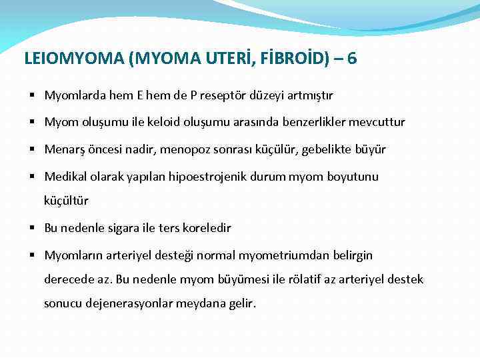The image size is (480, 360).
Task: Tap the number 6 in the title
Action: (352, 59)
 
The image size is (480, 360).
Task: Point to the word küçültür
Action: (66, 200)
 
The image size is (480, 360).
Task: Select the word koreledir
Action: (203, 228)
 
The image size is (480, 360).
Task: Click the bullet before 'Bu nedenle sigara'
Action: (33, 228)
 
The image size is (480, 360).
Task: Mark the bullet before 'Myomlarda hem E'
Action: (33, 96)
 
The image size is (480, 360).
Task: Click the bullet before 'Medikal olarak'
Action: (33, 177)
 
